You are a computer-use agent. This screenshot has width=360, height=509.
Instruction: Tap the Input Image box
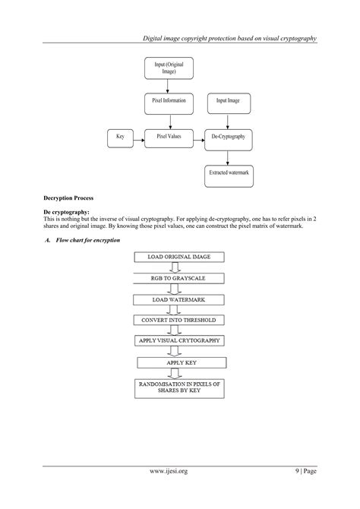click(228, 100)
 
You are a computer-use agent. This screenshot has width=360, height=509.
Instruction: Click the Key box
click(119, 138)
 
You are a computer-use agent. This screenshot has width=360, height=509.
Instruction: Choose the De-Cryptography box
click(228, 138)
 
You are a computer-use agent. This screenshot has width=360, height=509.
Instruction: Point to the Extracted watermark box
click(228, 173)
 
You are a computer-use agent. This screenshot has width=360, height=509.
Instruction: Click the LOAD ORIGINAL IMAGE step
click(179, 258)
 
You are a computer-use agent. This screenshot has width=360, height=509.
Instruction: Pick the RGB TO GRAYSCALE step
click(179, 279)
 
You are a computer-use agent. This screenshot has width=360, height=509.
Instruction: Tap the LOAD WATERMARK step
click(179, 299)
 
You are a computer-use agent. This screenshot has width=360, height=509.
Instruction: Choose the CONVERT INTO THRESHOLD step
click(179, 320)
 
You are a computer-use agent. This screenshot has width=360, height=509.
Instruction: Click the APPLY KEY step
click(179, 362)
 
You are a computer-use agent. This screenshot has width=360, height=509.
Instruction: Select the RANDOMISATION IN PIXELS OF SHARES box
click(179, 388)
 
